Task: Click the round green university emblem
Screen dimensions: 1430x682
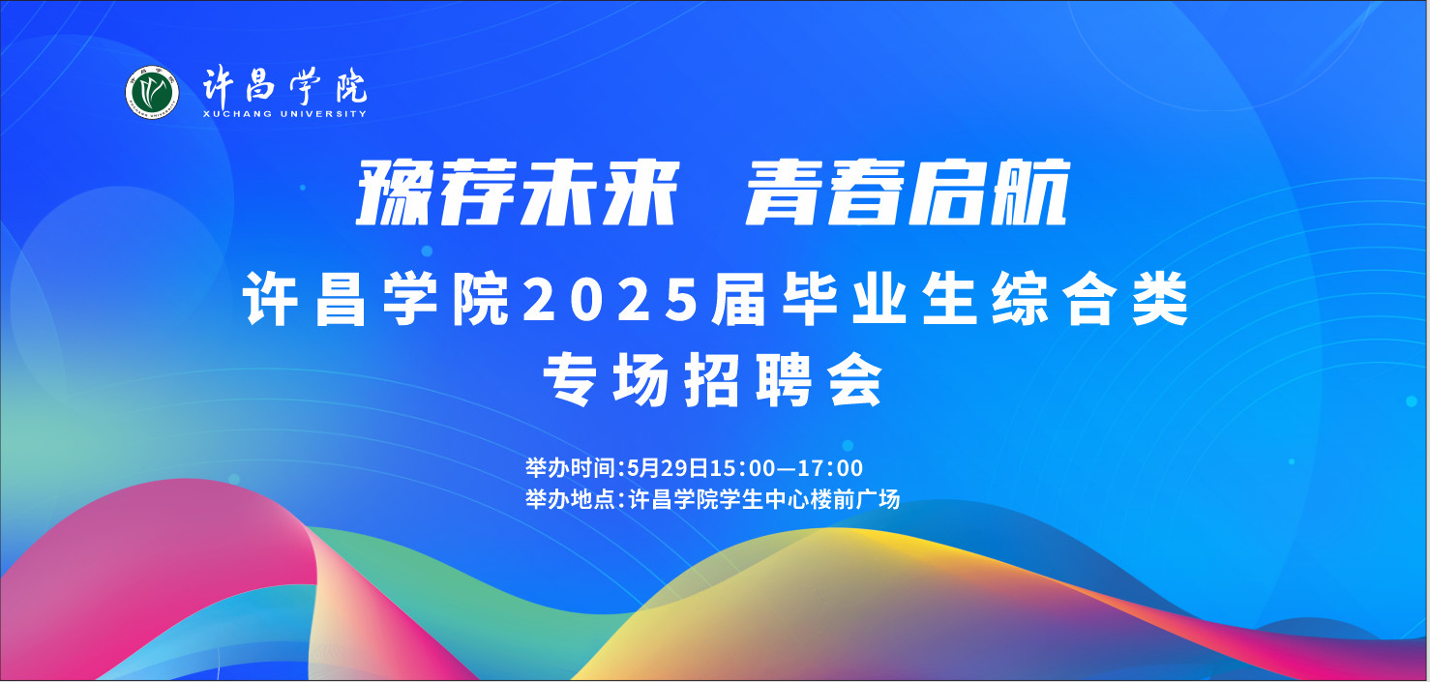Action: [152, 93]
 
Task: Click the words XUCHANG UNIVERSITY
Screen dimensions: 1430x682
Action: [284, 114]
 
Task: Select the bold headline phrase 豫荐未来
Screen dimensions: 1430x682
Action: [517, 193]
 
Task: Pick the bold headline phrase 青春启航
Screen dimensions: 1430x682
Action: [908, 193]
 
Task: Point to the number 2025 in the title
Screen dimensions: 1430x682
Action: [611, 300]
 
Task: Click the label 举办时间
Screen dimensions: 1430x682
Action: [569, 468]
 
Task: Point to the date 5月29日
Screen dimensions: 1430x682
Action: [668, 468]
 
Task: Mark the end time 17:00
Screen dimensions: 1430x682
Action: [830, 468]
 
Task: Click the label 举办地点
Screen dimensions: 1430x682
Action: [569, 499]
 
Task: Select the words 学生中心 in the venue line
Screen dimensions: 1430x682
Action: [764, 499]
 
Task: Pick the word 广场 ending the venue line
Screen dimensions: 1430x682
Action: [878, 499]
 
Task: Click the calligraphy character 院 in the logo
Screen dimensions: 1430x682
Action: [352, 85]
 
